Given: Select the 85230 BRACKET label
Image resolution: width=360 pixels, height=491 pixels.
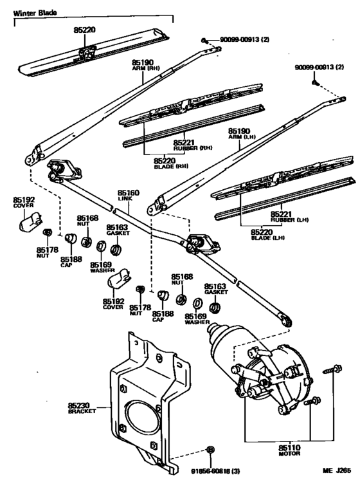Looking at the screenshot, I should [x=81, y=407].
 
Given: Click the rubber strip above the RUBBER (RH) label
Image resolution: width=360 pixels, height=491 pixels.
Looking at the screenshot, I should [x=193, y=126].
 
